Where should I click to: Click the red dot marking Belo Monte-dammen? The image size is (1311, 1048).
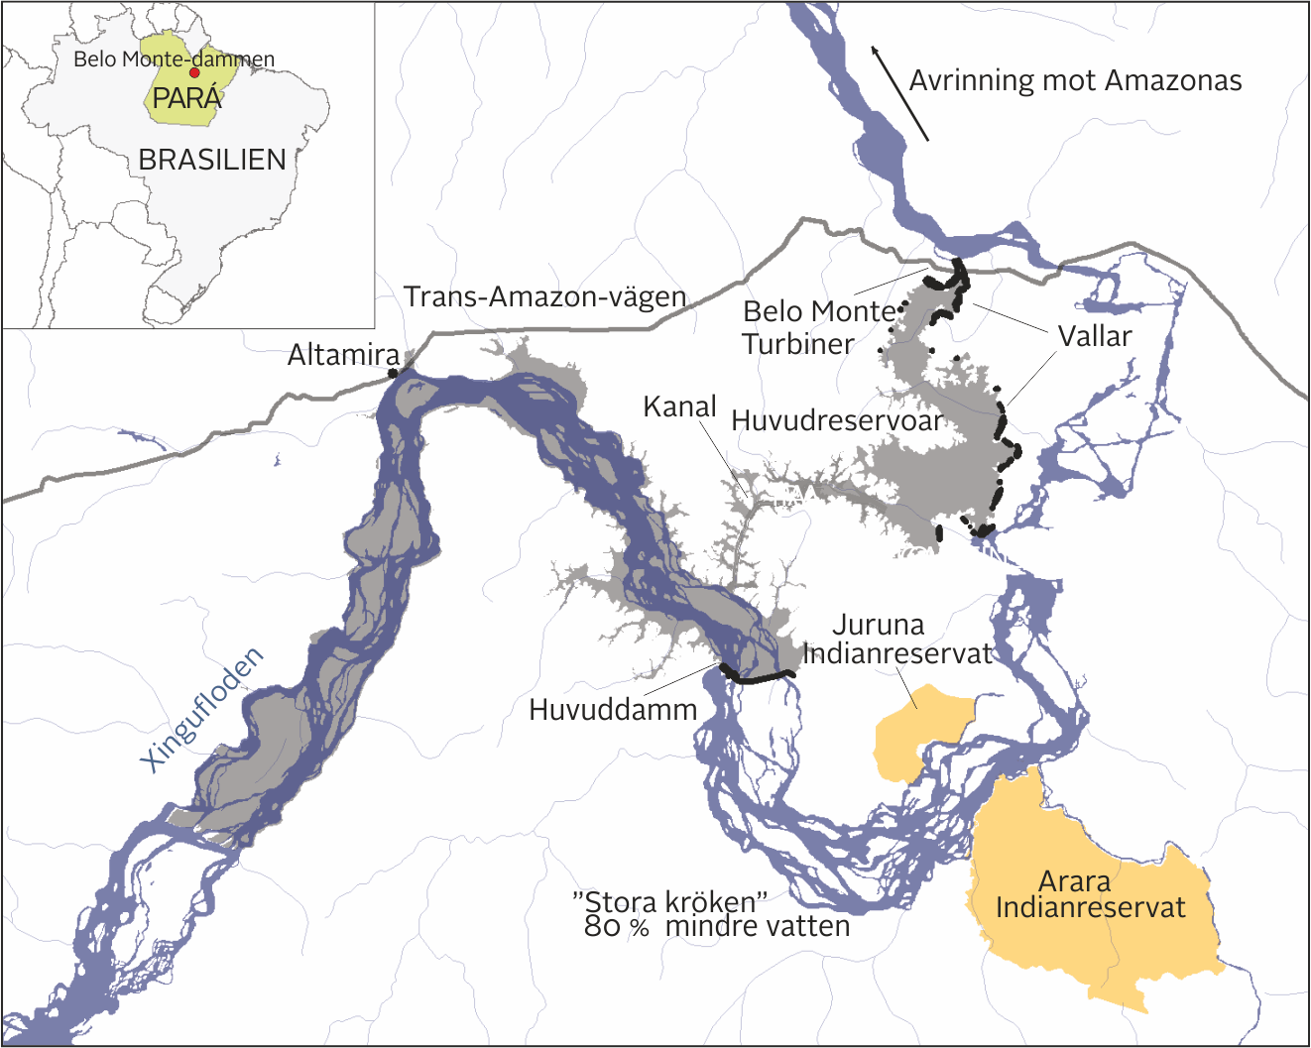click(194, 72)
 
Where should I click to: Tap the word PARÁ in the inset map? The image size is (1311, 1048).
click(186, 99)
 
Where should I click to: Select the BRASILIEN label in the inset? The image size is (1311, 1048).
click(212, 160)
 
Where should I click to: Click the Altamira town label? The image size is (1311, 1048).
click(343, 355)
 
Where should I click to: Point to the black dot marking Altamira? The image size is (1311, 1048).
click(393, 373)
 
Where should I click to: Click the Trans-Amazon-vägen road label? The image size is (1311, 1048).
click(544, 296)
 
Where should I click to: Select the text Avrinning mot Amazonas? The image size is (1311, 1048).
click(1075, 80)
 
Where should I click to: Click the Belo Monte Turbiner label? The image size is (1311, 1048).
click(818, 327)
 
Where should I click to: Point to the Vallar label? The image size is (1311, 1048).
click(1095, 336)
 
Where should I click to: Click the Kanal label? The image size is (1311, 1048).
click(679, 407)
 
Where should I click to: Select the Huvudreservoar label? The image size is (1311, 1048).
click(837, 420)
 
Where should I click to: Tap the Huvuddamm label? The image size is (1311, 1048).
click(613, 709)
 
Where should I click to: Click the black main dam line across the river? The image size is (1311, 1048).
click(759, 678)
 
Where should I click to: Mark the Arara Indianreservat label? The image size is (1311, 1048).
click(1090, 894)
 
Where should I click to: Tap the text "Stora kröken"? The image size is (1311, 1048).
click(670, 902)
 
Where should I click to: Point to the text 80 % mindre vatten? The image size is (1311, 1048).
click(717, 927)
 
